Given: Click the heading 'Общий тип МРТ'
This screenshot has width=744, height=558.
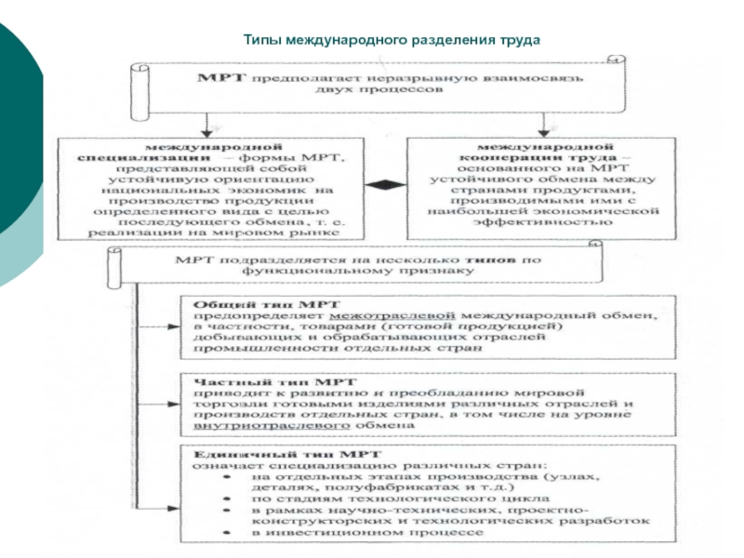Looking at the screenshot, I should point(267,304).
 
